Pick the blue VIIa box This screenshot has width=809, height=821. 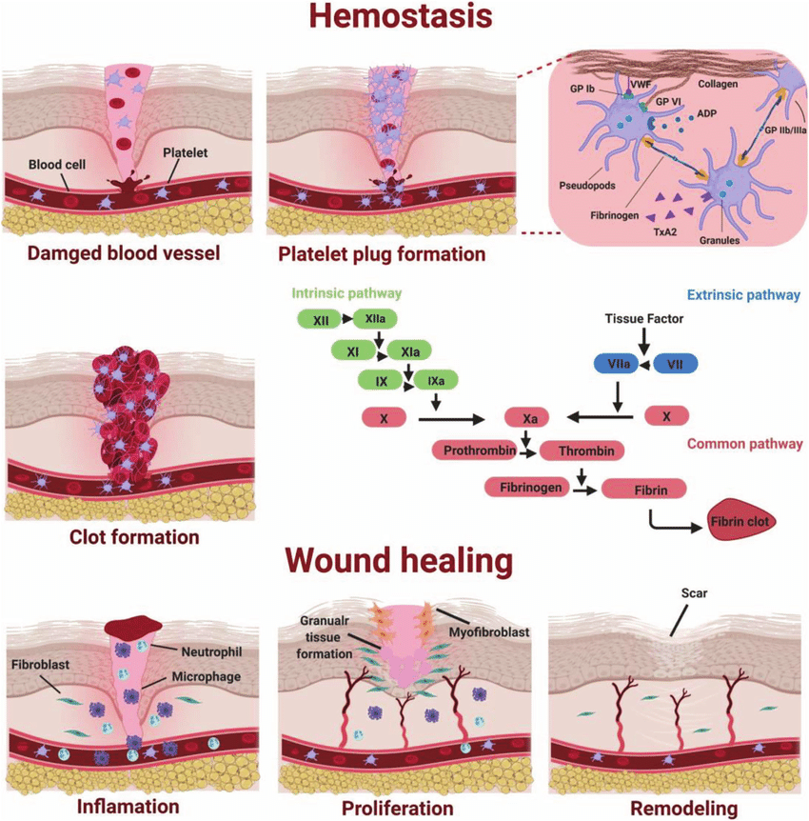click(x=614, y=363)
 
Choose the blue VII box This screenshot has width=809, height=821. click(x=675, y=363)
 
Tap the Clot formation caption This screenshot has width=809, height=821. click(x=134, y=537)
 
